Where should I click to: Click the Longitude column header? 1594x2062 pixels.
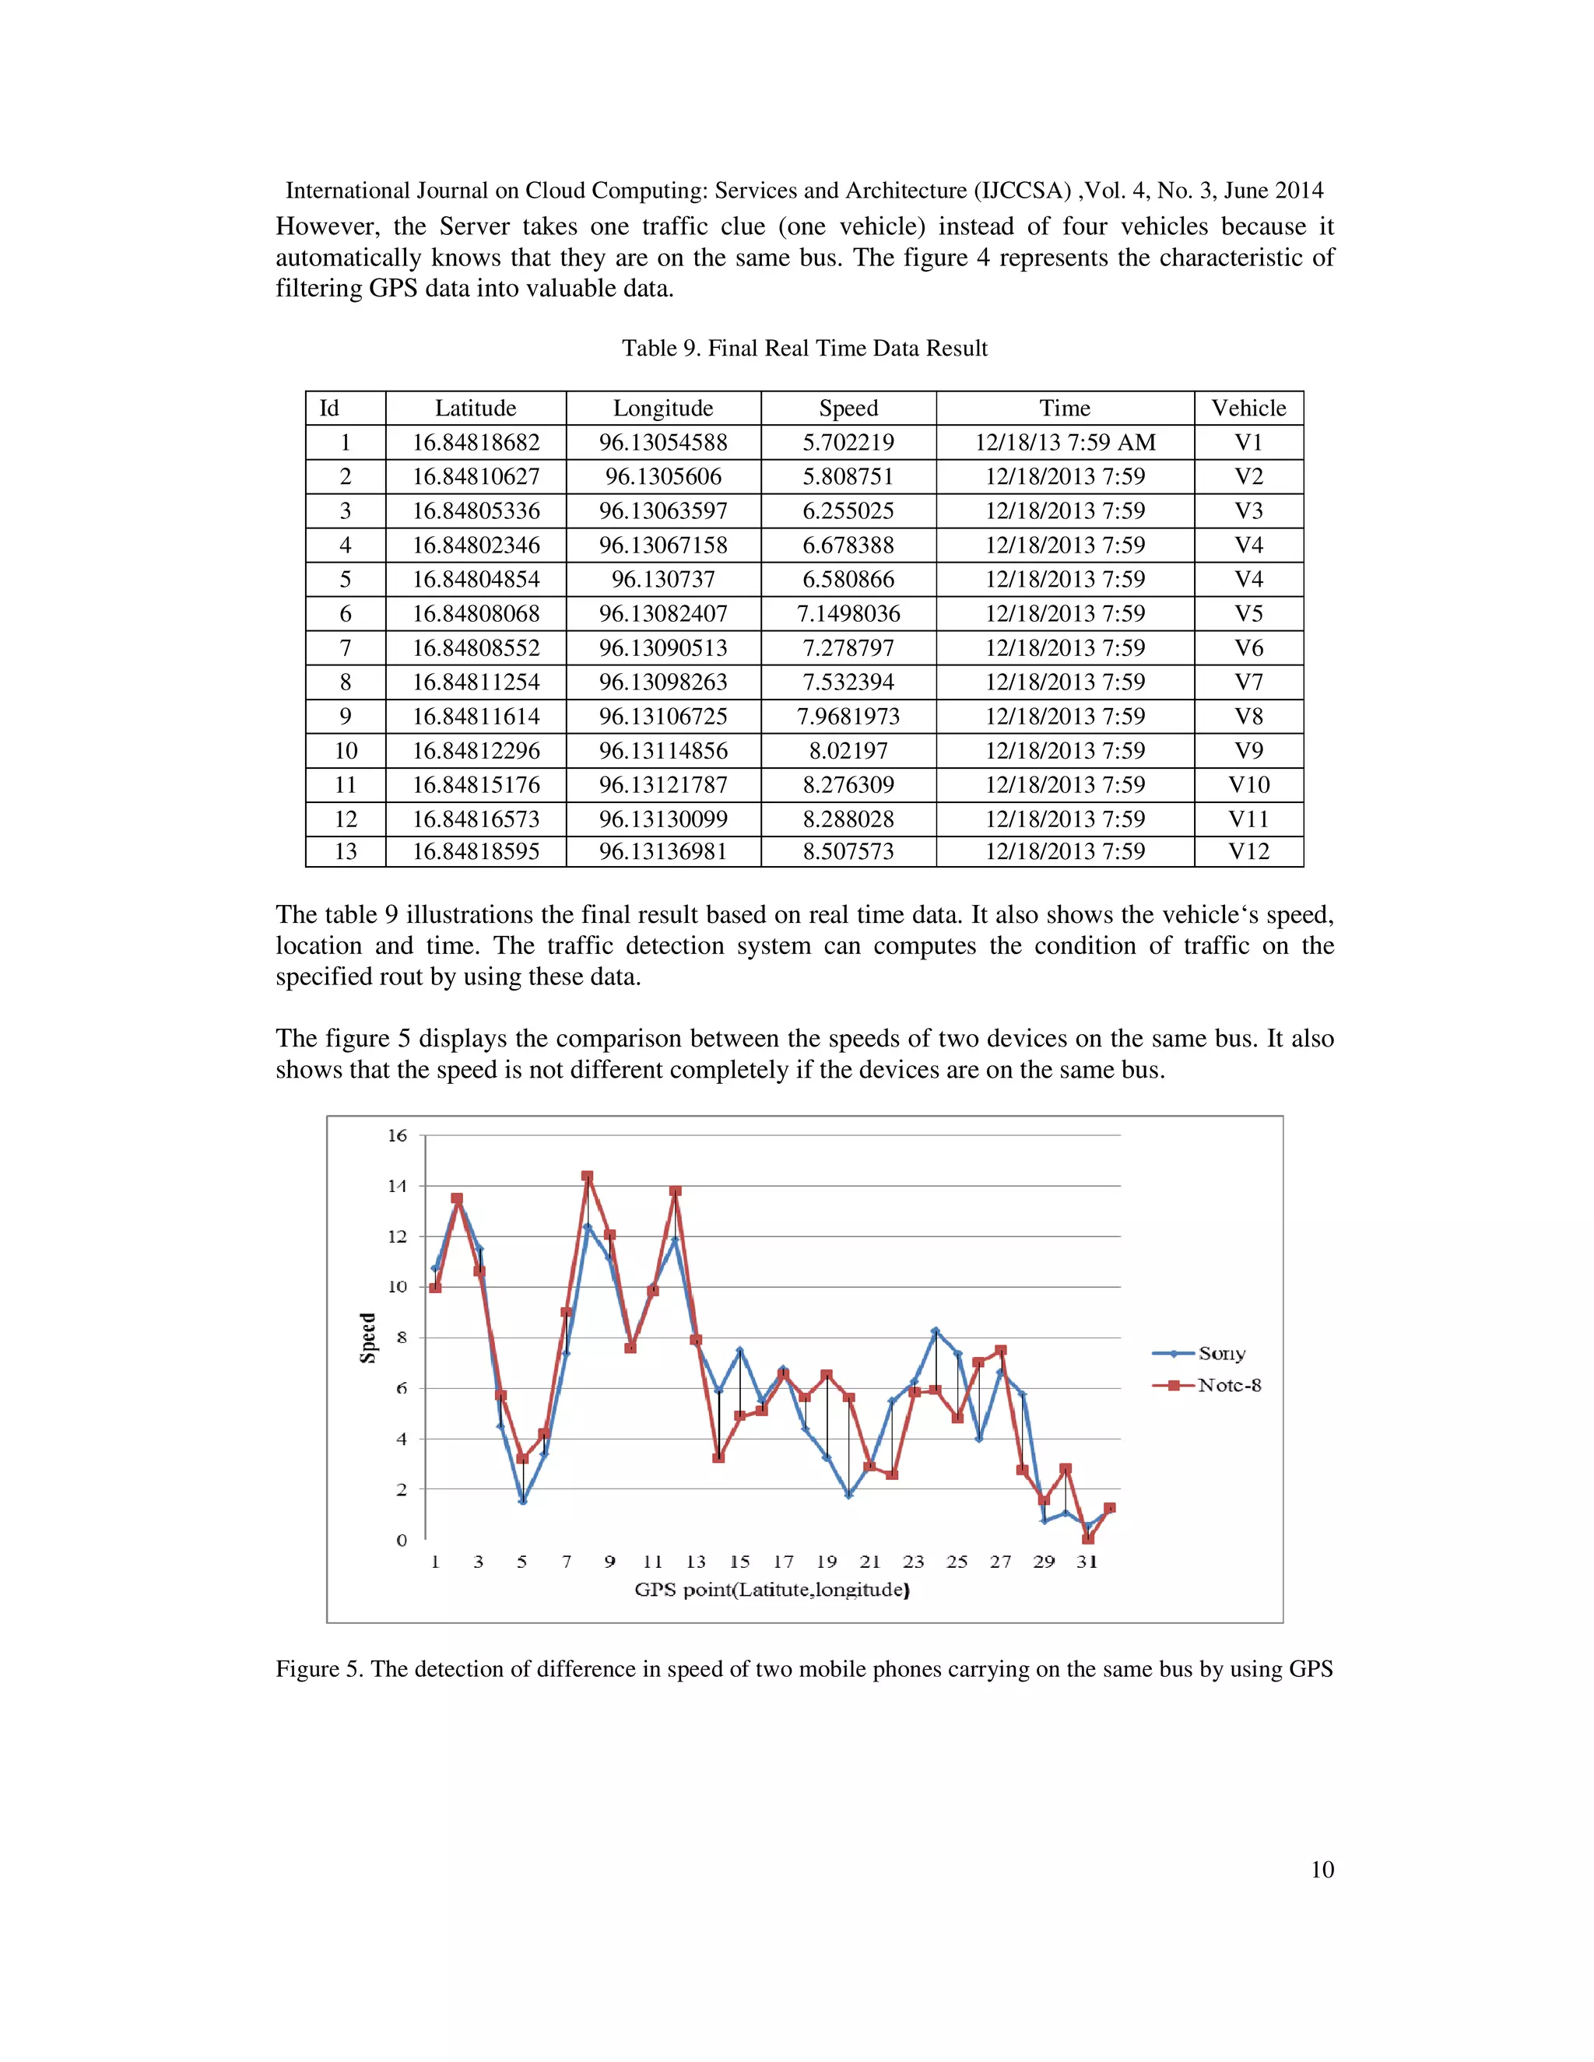663,408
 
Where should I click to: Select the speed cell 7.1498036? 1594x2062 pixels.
848,614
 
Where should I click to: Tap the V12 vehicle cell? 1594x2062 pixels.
1248,851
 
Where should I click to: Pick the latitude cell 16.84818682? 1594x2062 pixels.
476,442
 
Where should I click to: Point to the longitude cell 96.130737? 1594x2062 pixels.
663,579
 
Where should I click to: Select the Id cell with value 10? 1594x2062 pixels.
346,751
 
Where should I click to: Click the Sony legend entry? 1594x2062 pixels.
1221,1353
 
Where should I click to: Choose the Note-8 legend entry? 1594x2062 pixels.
1228,1385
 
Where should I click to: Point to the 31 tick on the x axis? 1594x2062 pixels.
1087,1562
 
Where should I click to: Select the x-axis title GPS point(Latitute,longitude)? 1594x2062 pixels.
771,1590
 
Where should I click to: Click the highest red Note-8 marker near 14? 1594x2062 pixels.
586,1177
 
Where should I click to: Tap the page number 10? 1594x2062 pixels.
1322,1869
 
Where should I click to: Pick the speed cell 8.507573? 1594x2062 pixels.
848,851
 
